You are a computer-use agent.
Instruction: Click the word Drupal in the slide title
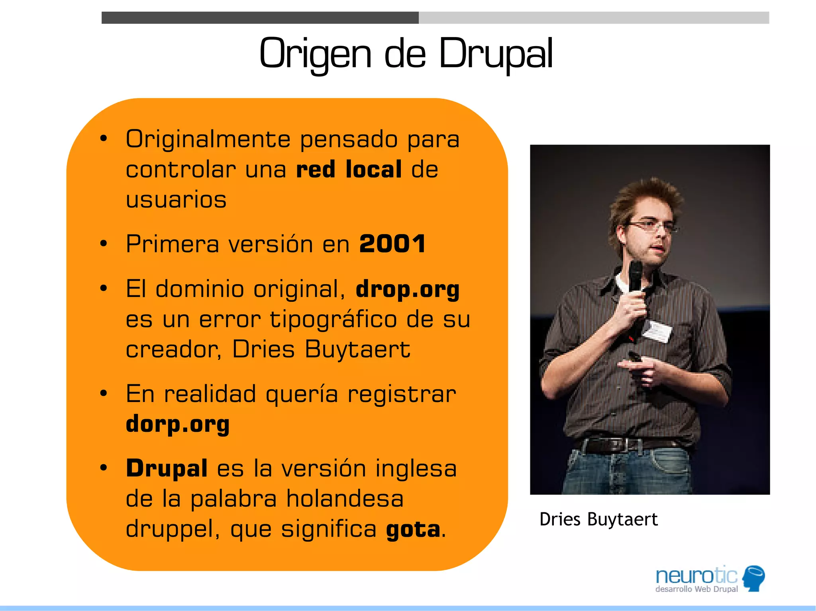point(496,54)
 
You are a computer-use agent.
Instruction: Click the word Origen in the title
point(315,54)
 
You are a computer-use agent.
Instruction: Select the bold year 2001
point(392,244)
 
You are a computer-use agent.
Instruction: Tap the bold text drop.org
point(408,289)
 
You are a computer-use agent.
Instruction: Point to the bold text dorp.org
point(178,424)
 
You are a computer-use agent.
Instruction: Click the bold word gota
point(413,529)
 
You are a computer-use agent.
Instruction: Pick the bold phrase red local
point(349,169)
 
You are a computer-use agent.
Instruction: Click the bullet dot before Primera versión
point(104,244)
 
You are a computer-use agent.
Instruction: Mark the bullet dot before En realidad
point(104,394)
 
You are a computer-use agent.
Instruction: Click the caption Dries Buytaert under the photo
point(598,519)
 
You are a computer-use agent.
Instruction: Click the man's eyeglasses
point(652,227)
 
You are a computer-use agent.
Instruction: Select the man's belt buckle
point(630,445)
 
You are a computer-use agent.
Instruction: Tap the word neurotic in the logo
point(696,576)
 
